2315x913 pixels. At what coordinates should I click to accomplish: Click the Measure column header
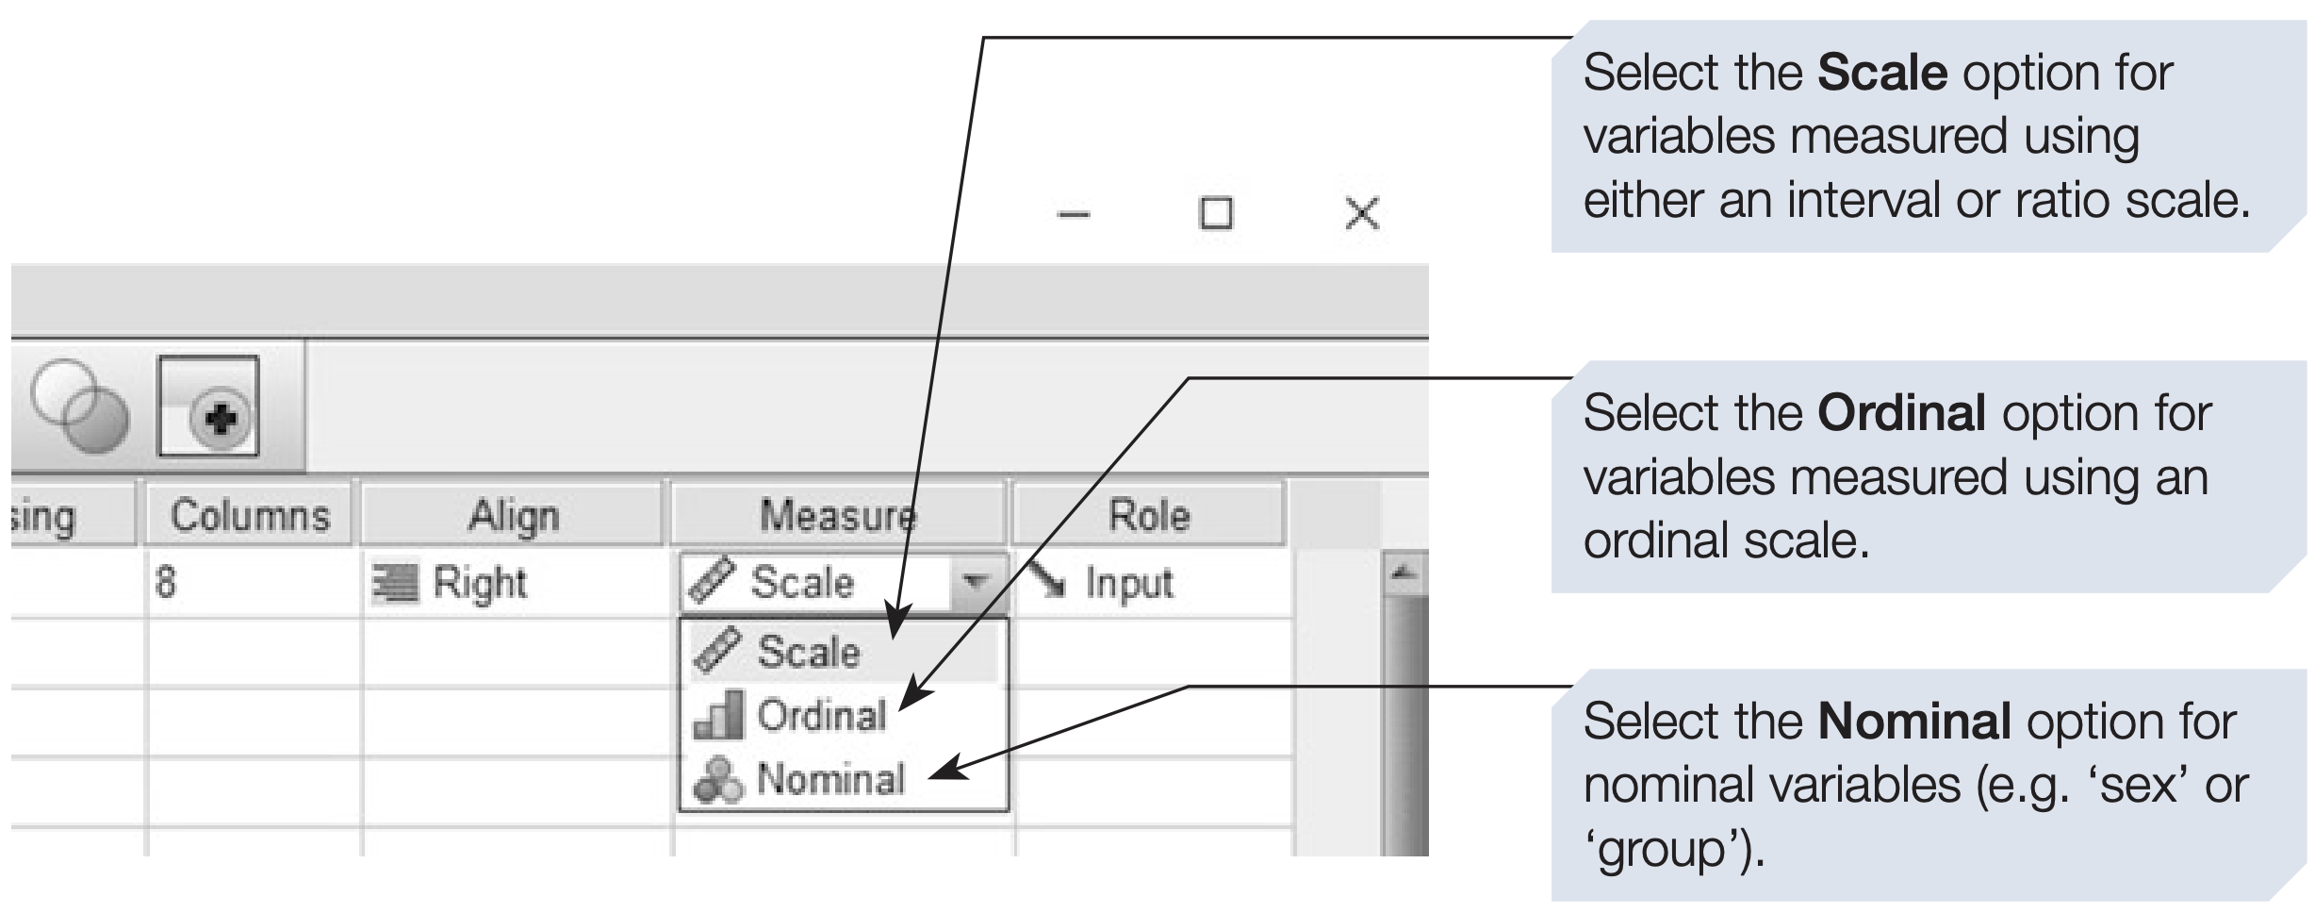[x=837, y=515]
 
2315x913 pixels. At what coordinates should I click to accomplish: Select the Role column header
[x=1149, y=515]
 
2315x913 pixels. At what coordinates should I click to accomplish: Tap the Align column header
[x=514, y=515]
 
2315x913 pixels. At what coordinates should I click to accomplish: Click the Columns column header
[x=250, y=515]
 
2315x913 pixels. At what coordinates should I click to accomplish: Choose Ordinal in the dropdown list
[x=820, y=716]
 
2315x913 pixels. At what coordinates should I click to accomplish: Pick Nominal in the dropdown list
[x=829, y=779]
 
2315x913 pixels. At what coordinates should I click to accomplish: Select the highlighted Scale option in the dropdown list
[x=809, y=652]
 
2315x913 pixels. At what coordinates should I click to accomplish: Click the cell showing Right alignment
[x=479, y=583]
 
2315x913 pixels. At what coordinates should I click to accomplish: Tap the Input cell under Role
[x=1128, y=583]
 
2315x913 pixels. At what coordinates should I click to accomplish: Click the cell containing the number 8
[x=166, y=583]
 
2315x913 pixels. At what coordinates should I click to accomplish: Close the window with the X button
[x=1361, y=213]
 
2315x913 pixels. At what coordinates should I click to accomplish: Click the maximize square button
[x=1215, y=213]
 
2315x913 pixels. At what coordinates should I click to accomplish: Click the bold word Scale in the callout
[x=1882, y=74]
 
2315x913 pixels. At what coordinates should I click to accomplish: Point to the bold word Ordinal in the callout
[x=1902, y=413]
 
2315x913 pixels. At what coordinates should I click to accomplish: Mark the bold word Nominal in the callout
[x=1914, y=722]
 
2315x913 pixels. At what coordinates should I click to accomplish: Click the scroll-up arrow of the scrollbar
[x=1404, y=572]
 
